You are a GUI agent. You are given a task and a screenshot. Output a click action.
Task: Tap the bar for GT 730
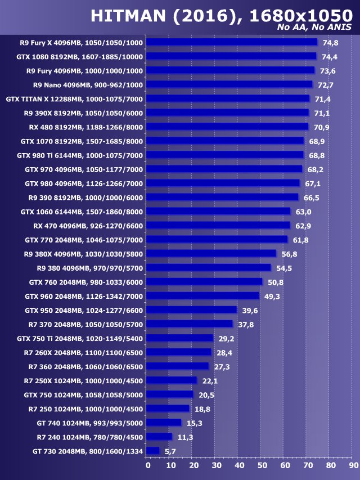152,451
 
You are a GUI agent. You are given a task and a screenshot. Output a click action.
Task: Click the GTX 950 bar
191,310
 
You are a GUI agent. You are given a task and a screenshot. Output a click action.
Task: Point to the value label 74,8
330,42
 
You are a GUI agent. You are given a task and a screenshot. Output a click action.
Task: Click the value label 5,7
170,451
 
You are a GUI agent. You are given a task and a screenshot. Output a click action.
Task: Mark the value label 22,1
209,380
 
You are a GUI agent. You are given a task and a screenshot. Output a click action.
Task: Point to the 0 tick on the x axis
148,465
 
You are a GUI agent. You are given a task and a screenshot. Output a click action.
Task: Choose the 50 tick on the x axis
262,465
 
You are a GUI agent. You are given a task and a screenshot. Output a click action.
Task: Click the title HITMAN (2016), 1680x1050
221,15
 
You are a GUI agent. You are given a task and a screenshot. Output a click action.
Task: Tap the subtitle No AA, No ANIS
314,28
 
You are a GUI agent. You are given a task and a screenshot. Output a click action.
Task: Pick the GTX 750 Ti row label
80,338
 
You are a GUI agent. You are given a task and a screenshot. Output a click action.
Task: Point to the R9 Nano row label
88,84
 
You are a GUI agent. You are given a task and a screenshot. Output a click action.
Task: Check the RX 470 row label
88,226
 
